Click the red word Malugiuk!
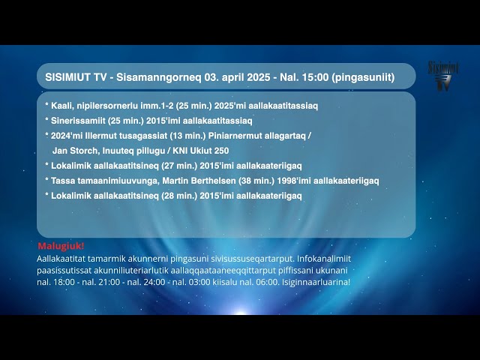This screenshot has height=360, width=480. (x=61, y=246)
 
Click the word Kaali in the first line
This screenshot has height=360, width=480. (x=62, y=106)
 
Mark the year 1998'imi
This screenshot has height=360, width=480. (x=299, y=181)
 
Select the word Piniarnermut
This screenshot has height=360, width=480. (x=235, y=136)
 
